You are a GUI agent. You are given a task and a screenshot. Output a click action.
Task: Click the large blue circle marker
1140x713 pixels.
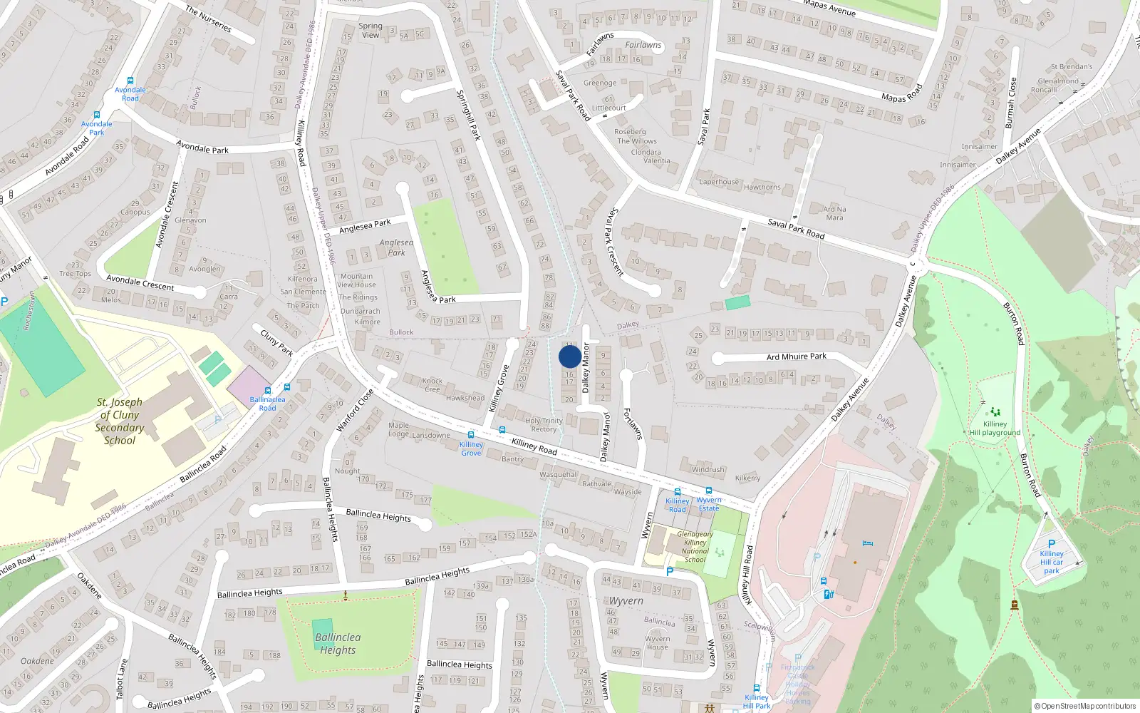pos(569,356)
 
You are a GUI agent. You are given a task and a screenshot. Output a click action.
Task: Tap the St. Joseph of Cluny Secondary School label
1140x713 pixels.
pos(120,421)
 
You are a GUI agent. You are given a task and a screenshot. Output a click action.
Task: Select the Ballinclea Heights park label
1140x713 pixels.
pos(338,643)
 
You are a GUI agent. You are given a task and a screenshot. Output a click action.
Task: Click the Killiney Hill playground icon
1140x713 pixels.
pos(995,411)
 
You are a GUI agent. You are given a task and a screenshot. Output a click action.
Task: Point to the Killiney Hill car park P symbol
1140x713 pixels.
pos(1052,543)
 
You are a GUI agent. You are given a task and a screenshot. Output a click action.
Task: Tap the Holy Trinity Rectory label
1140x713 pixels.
pos(544,425)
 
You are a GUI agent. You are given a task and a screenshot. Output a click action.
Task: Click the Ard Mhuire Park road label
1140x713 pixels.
pos(797,356)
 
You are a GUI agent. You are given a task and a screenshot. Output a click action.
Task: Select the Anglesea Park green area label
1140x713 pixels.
pos(396,247)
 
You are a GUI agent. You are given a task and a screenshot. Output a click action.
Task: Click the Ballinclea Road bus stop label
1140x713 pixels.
pos(267,404)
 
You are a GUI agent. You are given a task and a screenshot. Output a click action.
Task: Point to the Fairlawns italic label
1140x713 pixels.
pos(643,45)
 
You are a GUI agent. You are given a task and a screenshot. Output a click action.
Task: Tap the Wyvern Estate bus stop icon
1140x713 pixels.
pos(709,491)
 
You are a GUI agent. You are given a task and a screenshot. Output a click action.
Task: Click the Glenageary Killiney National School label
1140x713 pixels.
pos(695,547)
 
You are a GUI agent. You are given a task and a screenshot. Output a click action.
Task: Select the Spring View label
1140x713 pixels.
pos(370,30)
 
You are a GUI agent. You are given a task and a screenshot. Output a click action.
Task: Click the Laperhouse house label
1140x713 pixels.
pos(719,182)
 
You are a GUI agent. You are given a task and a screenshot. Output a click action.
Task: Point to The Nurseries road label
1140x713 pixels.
pos(208,19)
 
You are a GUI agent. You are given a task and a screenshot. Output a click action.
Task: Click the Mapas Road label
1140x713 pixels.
pos(902,93)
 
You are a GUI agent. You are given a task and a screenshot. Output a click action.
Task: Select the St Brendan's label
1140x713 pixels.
pos(1071,67)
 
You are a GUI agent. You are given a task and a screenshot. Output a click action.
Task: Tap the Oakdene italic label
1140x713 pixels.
pos(37,661)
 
